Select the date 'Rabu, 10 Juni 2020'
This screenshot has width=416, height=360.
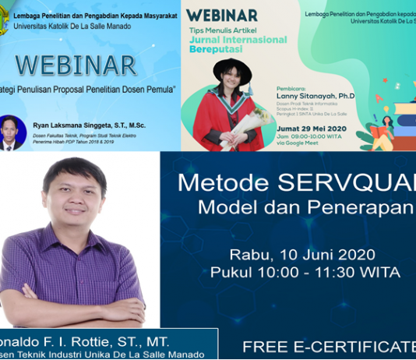click(x=302, y=255)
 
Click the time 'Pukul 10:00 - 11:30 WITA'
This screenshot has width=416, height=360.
click(x=305, y=273)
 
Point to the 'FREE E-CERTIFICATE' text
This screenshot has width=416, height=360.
click(x=328, y=345)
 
